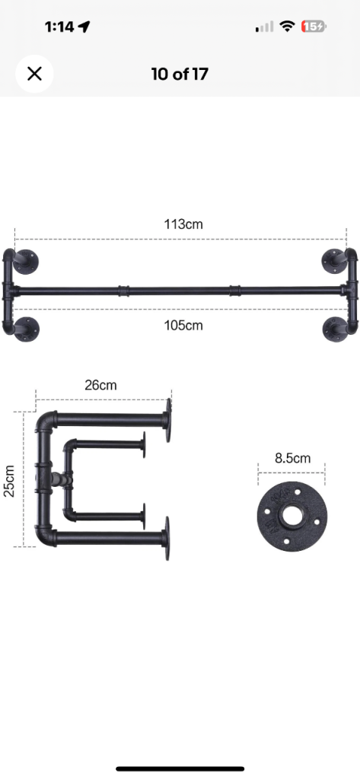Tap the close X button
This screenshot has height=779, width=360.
34,74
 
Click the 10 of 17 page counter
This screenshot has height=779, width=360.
180,74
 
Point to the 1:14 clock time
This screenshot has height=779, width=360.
59,27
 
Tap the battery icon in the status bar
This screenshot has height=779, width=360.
314,27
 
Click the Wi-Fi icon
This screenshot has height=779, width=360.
287,27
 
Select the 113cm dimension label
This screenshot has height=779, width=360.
183,224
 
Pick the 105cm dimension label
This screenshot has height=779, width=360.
183,326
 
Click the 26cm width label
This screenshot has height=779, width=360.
100,385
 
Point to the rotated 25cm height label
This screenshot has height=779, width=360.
9,480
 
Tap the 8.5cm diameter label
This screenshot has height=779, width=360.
292,458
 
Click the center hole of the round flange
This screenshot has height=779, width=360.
291,515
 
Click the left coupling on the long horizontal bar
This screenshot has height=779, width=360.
125,291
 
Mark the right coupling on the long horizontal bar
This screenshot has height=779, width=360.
234,291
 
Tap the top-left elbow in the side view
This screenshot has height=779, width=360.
46,421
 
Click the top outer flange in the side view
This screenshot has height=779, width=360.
167,418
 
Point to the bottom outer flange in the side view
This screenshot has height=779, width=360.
167,538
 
